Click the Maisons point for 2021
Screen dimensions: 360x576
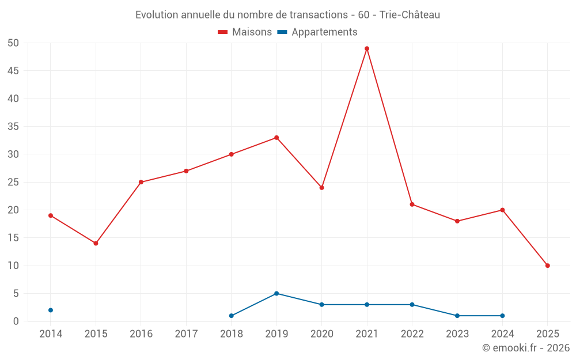[367, 48]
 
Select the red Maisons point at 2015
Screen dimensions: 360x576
[96, 243]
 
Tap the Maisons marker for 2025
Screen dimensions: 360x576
[548, 266]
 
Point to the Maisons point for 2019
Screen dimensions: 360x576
[276, 138]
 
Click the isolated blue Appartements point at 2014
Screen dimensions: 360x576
[51, 310]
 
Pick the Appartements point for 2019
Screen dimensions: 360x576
[276, 293]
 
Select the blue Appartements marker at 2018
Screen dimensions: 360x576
[232, 316]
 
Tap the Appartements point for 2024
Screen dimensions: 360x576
[502, 316]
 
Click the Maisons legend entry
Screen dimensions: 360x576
[245, 32]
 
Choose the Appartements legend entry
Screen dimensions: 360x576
[317, 32]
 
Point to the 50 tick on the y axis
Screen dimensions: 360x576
[13, 43]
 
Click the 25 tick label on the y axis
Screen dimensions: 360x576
[13, 182]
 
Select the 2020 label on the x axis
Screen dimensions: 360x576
[321, 334]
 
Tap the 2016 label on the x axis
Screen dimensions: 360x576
[141, 334]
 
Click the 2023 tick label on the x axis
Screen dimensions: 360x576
[457, 334]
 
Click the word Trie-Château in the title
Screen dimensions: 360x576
[410, 15]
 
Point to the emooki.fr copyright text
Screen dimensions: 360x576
[525, 348]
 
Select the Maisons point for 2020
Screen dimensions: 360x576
[321, 188]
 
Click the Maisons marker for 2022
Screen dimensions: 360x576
[412, 204]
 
